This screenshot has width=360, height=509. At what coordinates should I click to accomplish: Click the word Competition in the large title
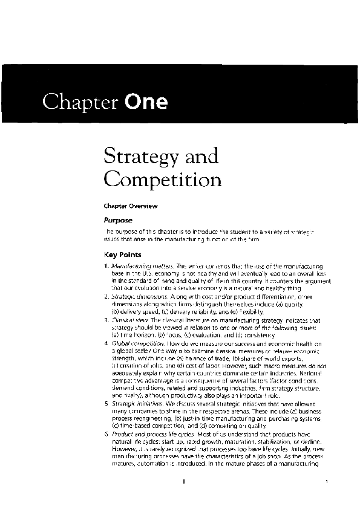click(x=163, y=180)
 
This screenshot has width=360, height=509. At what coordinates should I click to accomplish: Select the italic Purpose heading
click(x=118, y=221)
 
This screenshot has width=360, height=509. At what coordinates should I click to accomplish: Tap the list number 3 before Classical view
click(x=106, y=320)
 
